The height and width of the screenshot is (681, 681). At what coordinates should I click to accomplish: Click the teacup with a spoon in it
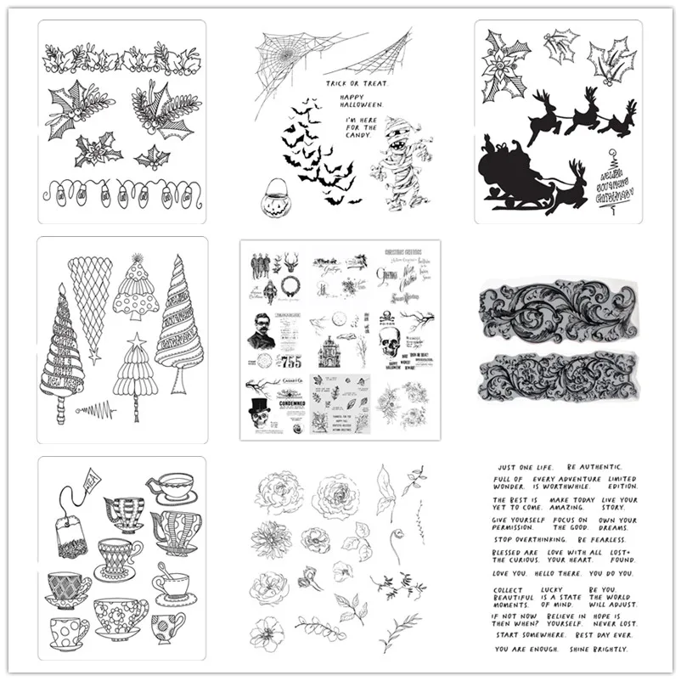click(x=171, y=585)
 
